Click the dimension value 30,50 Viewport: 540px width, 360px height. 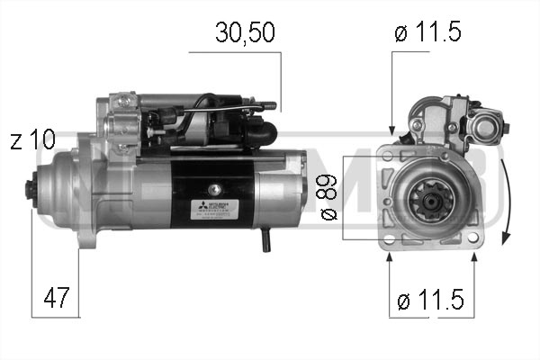click(244, 33)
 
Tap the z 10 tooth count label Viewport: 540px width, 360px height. click(32, 140)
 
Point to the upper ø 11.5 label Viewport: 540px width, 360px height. click(427, 33)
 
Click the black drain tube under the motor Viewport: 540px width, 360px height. click(265, 239)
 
